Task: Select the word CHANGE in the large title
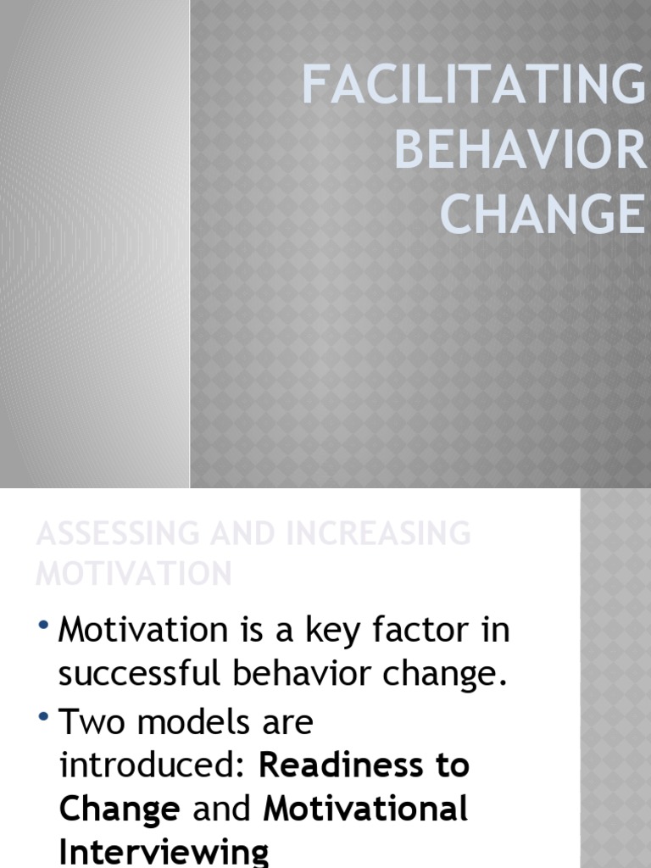(542, 214)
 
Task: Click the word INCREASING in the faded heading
(366, 534)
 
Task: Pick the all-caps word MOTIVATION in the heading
(134, 573)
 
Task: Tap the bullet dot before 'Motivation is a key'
(44, 626)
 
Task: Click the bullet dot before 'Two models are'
(44, 718)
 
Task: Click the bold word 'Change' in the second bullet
(120, 810)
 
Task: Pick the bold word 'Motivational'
(366, 810)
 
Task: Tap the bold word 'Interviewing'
(164, 851)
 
